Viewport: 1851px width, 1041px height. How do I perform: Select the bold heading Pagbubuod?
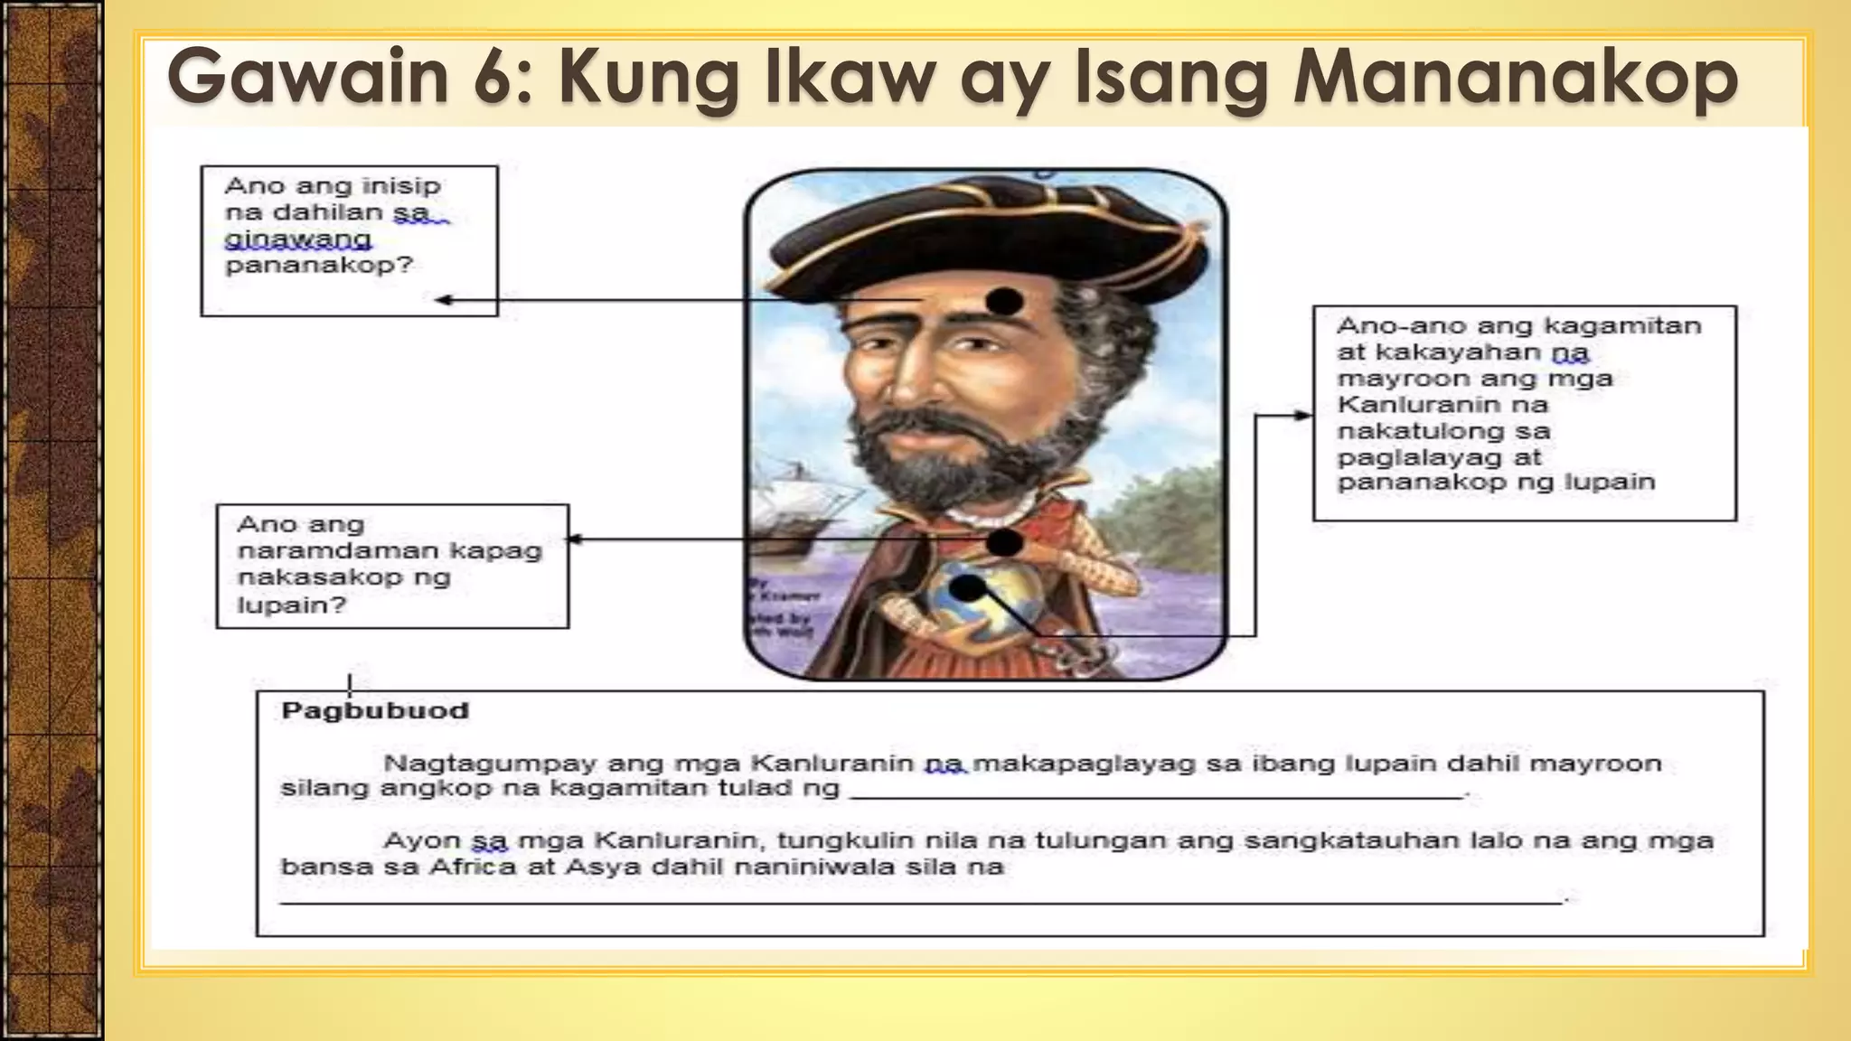pyautogui.click(x=375, y=710)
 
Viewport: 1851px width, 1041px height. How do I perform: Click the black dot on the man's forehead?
pyautogui.click(x=1003, y=302)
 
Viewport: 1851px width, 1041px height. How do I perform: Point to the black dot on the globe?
pyautogui.click(x=967, y=588)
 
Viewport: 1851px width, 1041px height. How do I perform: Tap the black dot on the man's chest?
pyautogui.click(x=1003, y=543)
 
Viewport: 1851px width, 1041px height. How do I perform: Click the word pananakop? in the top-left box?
pyautogui.click(x=318, y=266)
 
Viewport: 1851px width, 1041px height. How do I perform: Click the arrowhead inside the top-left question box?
pyautogui.click(x=444, y=300)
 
